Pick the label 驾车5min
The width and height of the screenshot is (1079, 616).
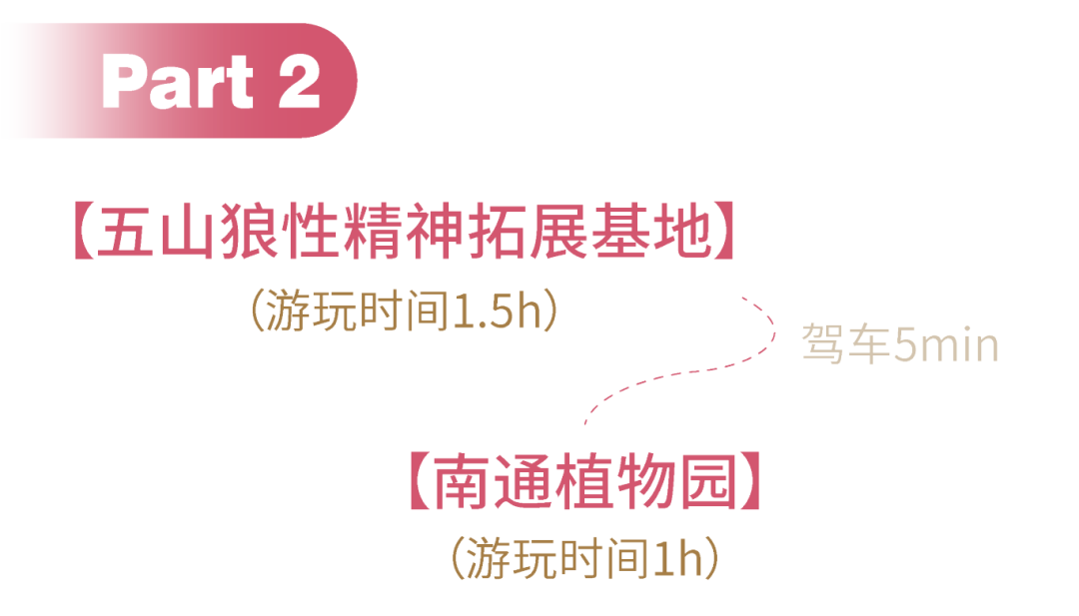click(x=900, y=345)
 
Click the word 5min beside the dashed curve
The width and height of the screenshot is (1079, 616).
click(x=945, y=345)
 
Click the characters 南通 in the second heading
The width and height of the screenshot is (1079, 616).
click(x=487, y=482)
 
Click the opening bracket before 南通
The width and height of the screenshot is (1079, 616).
click(x=418, y=482)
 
